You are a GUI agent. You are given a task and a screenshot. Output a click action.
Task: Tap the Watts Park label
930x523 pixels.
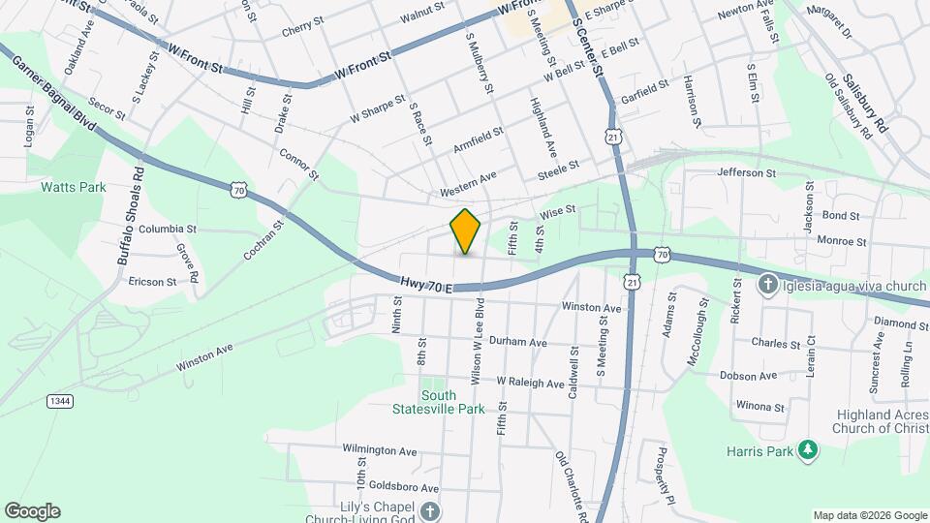[73, 187]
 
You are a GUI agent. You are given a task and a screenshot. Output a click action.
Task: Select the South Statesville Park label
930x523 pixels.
[452, 402]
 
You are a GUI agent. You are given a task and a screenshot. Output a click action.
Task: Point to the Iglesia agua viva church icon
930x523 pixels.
[768, 285]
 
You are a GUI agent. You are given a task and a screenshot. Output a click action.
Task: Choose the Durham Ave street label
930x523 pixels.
[518, 343]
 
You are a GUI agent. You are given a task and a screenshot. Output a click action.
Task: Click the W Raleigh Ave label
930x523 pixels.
[530, 384]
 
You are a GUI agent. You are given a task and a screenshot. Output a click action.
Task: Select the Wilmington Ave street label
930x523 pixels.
[379, 450]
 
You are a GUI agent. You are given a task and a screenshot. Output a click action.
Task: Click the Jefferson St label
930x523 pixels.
[747, 173]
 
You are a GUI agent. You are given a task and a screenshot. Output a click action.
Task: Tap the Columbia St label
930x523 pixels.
[168, 230]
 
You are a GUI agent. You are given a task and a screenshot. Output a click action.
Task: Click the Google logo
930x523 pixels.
[32, 510]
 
